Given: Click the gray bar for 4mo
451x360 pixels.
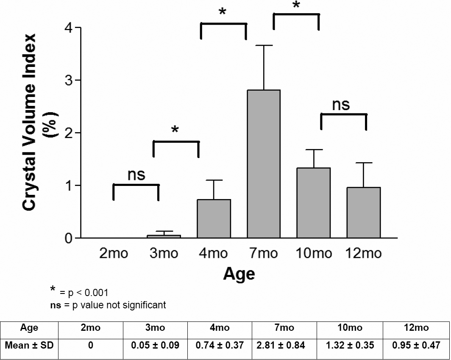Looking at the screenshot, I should pos(214,219).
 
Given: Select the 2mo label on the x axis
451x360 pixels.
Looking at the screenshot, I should pos(114,253).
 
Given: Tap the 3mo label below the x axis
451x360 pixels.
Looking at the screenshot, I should pos(164,253).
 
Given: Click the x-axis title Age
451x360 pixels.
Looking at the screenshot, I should pos(239,274).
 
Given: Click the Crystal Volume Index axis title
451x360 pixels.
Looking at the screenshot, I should pos(30,122).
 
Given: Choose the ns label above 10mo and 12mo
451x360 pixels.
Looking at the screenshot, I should pos(341,104).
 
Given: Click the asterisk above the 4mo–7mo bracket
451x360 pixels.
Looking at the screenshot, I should pos(223,12).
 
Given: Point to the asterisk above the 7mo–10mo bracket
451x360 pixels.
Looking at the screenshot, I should pos(296,5).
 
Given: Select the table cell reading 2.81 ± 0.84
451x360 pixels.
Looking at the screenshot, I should pos(281,345).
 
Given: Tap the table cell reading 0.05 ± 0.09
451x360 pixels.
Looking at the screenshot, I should pos(156,345).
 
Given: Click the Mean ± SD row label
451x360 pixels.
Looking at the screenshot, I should pos(29,345).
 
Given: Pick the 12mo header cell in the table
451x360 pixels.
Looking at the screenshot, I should pos(416,328).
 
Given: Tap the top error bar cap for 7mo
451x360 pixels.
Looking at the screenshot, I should pos(264,45).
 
